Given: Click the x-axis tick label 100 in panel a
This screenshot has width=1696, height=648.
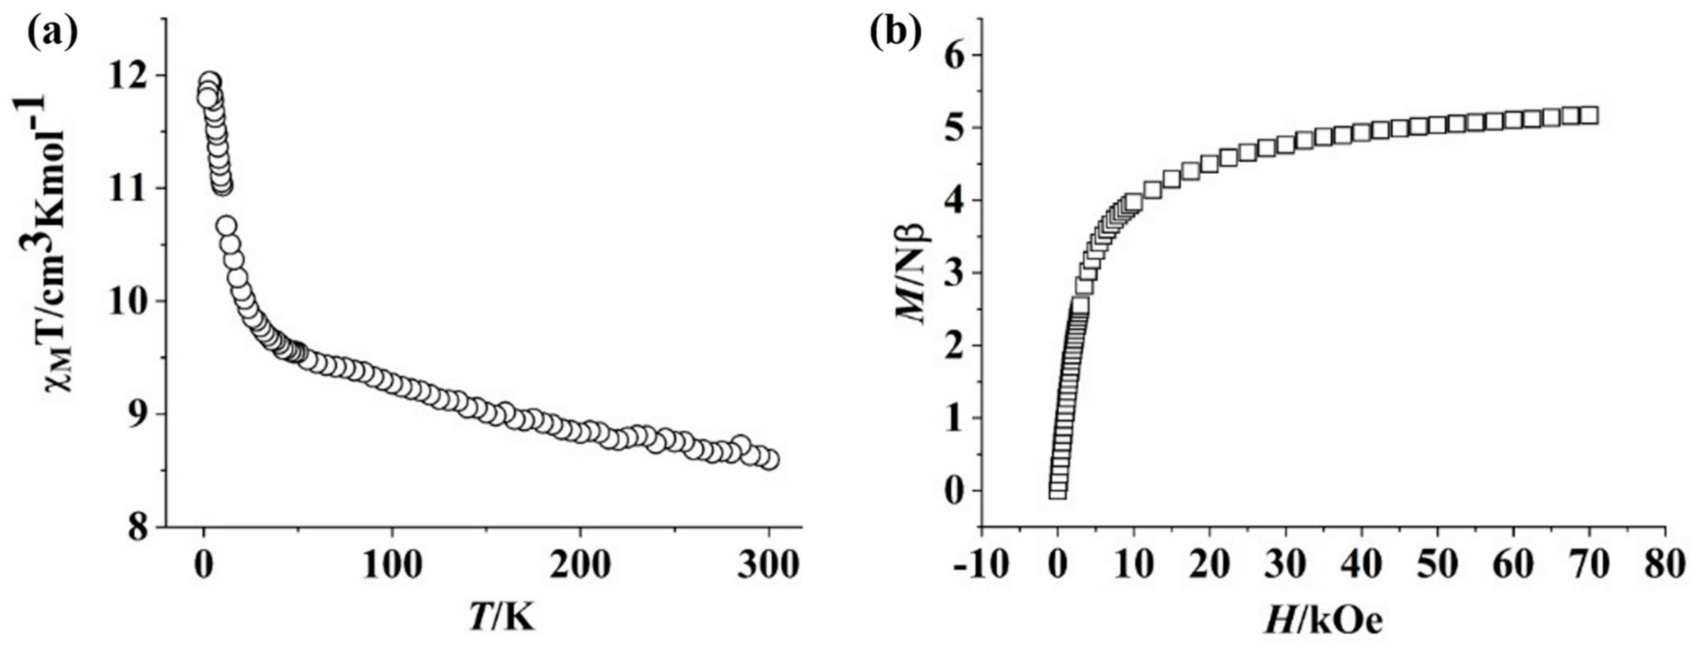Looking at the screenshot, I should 393,565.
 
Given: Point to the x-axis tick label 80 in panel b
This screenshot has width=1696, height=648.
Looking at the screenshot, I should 1665,565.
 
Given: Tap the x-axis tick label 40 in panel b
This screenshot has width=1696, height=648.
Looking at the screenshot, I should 1361,565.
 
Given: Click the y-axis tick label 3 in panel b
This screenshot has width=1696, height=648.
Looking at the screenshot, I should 956,273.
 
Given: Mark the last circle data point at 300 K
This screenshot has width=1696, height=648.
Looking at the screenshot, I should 768,460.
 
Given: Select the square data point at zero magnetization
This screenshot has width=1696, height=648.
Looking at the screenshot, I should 1057,491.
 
